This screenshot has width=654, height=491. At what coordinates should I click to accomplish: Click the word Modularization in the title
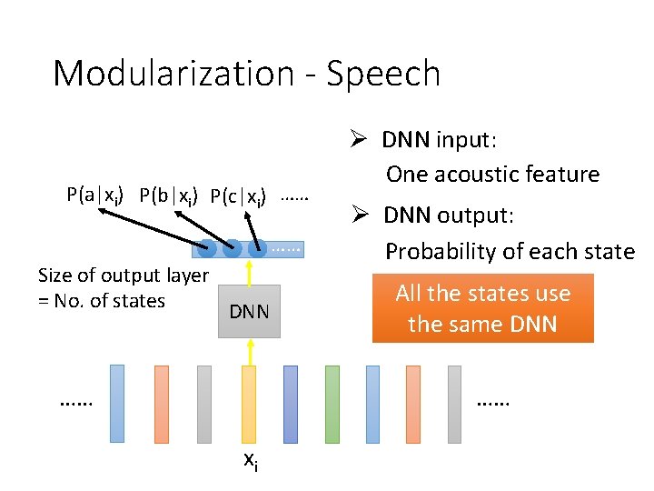(x=173, y=74)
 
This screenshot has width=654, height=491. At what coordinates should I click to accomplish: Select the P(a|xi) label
(x=95, y=195)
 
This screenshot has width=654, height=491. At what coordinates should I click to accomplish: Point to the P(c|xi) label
(x=238, y=195)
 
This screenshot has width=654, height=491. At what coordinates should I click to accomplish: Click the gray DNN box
(x=249, y=312)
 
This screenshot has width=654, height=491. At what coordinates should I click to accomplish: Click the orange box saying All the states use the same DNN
(x=482, y=308)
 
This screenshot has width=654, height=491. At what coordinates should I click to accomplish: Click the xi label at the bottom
(x=251, y=461)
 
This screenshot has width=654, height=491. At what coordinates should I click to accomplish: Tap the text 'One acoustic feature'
(x=492, y=174)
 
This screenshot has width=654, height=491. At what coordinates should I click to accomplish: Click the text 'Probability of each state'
(x=510, y=251)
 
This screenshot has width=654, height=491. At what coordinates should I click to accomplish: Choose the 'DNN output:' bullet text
(x=448, y=215)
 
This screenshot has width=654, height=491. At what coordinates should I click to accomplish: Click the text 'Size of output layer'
(x=123, y=276)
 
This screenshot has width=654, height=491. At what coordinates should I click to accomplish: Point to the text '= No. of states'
(x=102, y=300)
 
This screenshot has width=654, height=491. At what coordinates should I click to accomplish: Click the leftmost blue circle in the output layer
(x=208, y=247)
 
